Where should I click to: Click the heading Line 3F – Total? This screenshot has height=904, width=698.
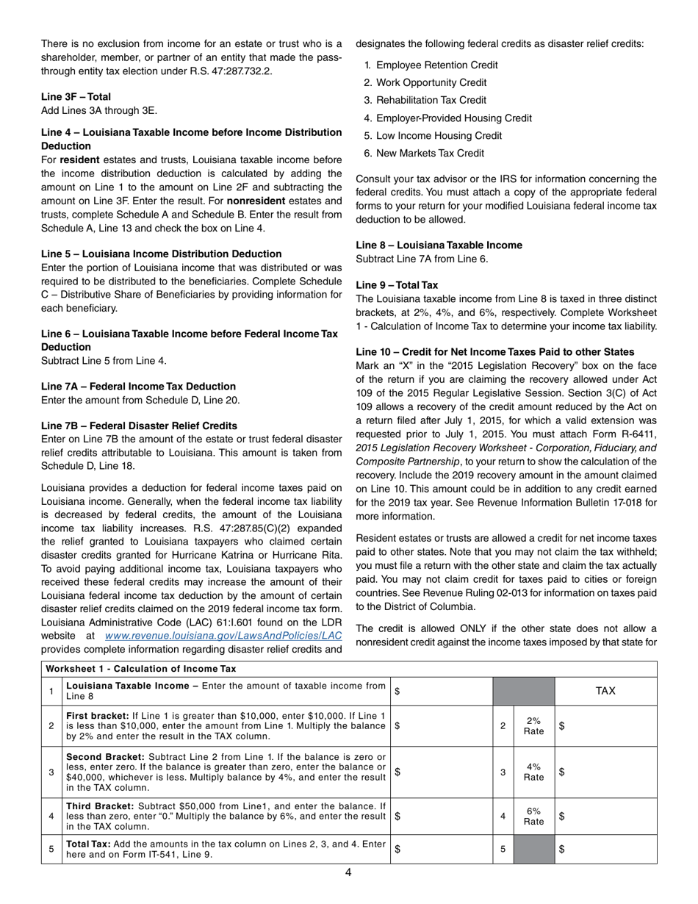coord(76,96)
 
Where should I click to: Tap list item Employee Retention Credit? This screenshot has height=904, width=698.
coord(436,65)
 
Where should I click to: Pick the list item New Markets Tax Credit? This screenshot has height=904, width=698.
coord(430,154)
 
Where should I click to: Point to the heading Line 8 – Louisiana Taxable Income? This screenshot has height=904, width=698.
coord(439,245)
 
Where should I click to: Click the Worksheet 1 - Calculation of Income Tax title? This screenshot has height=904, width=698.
coord(141,669)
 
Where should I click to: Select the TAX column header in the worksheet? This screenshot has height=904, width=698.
coord(605,691)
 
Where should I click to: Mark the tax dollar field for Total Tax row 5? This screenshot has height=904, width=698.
coord(605,849)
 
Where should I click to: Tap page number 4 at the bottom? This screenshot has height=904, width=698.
coord(348,873)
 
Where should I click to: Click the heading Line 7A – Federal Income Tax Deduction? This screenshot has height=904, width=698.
coord(138,387)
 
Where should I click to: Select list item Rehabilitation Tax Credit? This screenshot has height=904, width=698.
coord(431,101)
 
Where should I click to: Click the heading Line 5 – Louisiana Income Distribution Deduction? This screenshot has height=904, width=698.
coord(161,254)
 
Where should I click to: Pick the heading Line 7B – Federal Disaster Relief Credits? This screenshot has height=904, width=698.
coord(139,426)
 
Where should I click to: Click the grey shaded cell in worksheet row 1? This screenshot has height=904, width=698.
coord(523,691)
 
